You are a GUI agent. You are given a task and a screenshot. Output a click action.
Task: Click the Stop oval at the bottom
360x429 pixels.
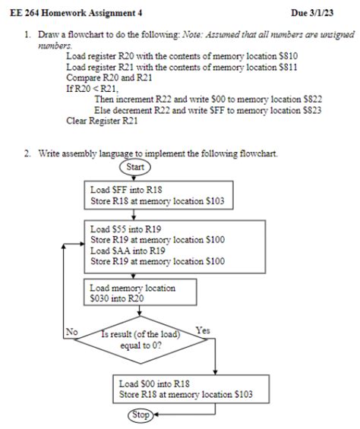click(139, 415)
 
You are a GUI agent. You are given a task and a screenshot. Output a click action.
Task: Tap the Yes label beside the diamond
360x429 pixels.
click(203, 330)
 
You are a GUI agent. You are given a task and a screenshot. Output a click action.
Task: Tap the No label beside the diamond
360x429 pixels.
click(72, 331)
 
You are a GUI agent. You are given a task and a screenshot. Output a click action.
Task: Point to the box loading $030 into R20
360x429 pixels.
click(142, 293)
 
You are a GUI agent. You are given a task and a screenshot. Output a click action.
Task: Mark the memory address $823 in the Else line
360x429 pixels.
click(307, 109)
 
